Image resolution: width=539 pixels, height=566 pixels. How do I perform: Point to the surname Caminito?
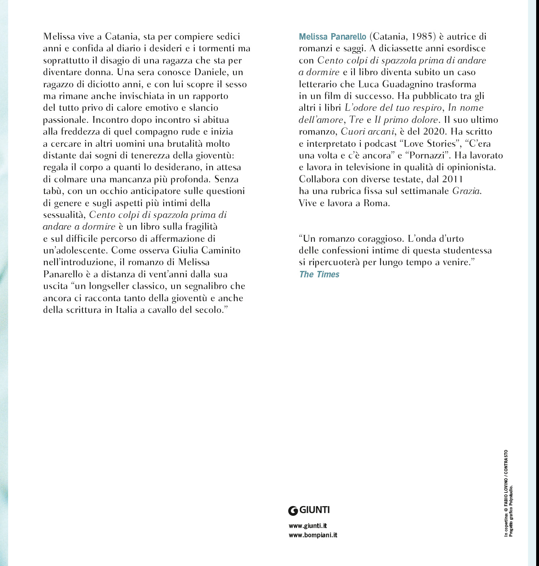[218, 251]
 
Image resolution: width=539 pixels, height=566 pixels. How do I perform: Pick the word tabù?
[53, 191]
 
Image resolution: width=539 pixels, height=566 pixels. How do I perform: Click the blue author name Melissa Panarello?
[332, 37]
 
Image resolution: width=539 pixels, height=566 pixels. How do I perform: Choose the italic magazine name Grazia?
[467, 191]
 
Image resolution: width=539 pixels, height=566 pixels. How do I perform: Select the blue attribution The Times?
[319, 275]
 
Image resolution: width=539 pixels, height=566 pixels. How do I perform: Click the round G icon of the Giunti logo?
[293, 511]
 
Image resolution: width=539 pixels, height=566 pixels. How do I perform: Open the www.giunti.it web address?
[307, 526]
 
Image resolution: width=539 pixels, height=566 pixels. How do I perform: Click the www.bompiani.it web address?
[313, 535]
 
